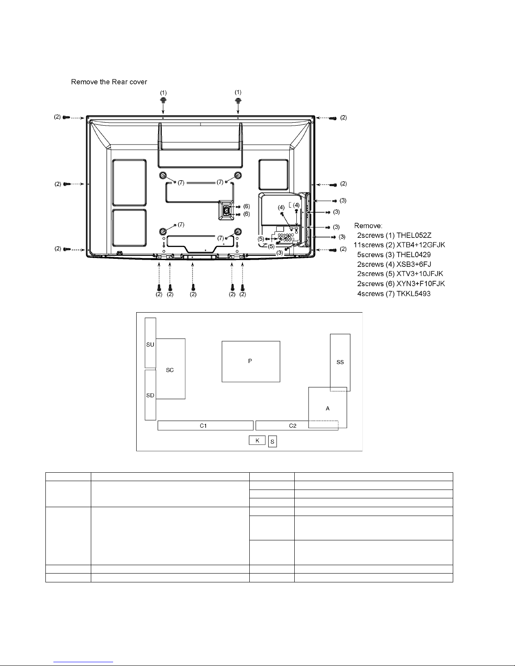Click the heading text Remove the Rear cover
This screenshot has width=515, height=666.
(x=109, y=82)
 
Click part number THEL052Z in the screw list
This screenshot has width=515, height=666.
(x=414, y=235)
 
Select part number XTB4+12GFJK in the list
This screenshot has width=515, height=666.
(x=420, y=245)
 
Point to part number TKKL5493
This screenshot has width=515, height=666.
(x=414, y=294)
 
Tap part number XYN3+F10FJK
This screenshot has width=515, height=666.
(x=420, y=284)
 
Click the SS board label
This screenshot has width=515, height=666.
(x=340, y=362)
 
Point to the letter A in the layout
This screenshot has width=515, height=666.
(x=327, y=408)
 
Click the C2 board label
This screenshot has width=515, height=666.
(x=293, y=426)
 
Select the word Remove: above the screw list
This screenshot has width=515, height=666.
(x=368, y=226)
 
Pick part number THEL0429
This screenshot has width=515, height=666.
(x=414, y=255)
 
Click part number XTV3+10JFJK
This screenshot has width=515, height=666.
(x=420, y=274)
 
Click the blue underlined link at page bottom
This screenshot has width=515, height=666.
(x=83, y=662)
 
